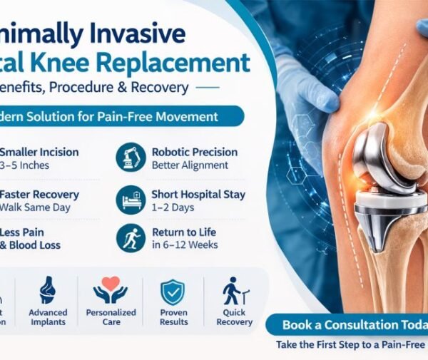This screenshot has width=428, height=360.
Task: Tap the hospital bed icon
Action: click(131, 199)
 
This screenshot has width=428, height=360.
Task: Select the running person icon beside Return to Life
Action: click(131, 239)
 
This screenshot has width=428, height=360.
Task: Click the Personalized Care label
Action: click(111, 317)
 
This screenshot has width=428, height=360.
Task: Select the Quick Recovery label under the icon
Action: click(234, 317)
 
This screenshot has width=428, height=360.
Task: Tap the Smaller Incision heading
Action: click(39, 152)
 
